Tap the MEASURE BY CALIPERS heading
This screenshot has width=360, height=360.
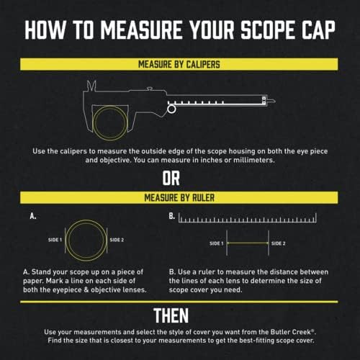tap(179, 64)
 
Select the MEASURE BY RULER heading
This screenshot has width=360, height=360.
tap(179, 197)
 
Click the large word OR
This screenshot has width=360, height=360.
tap(179, 177)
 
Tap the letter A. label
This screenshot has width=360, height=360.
tap(32, 216)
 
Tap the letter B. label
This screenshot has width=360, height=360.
tap(171, 216)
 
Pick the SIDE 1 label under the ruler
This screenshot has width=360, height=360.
tap(216, 244)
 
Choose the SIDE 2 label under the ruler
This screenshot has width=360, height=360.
tap(279, 244)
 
